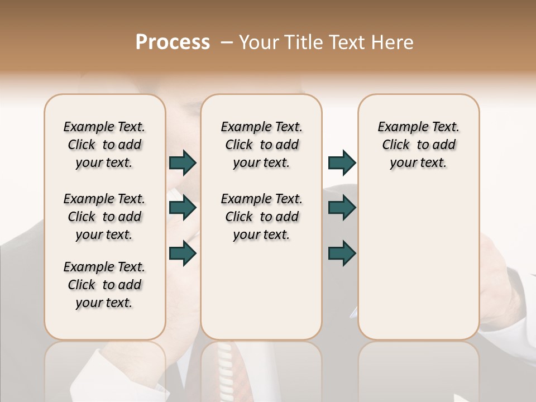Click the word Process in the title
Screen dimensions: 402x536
[173, 42]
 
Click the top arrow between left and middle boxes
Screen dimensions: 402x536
[183, 162]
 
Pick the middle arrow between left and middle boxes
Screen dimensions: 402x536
[183, 208]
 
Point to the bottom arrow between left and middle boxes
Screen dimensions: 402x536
[183, 253]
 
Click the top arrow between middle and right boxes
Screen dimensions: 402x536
[342, 162]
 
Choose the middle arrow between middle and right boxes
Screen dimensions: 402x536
[342, 208]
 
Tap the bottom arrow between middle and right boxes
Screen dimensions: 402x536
[342, 253]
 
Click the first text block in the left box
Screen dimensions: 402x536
[104, 145]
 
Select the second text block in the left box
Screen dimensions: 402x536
[104, 217]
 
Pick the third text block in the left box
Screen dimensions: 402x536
[104, 285]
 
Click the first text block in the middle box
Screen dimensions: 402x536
[261, 145]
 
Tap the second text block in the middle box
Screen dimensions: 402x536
[261, 217]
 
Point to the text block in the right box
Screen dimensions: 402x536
[419, 145]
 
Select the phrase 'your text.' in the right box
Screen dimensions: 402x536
[418, 163]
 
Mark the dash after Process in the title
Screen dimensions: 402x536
[226, 42]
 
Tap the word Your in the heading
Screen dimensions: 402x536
[257, 42]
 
